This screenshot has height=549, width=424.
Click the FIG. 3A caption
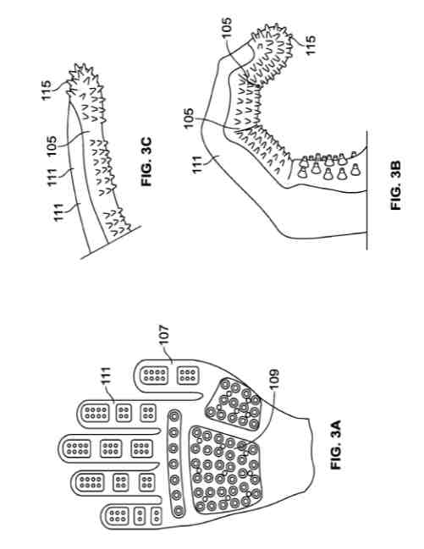tap(336, 445)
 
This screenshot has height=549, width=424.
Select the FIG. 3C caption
tap(146, 162)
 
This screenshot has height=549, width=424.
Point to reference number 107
tap(164, 336)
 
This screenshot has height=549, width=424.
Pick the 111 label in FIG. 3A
tap(106, 376)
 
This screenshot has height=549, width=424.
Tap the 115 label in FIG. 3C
tap(47, 91)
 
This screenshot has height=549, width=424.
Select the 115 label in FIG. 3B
tap(310, 45)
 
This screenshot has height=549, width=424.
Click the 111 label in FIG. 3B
tap(197, 165)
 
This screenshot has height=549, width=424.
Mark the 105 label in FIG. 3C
tap(51, 146)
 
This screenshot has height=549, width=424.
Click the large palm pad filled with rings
tap(225, 469)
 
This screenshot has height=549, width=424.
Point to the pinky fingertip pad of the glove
tap(118, 516)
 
